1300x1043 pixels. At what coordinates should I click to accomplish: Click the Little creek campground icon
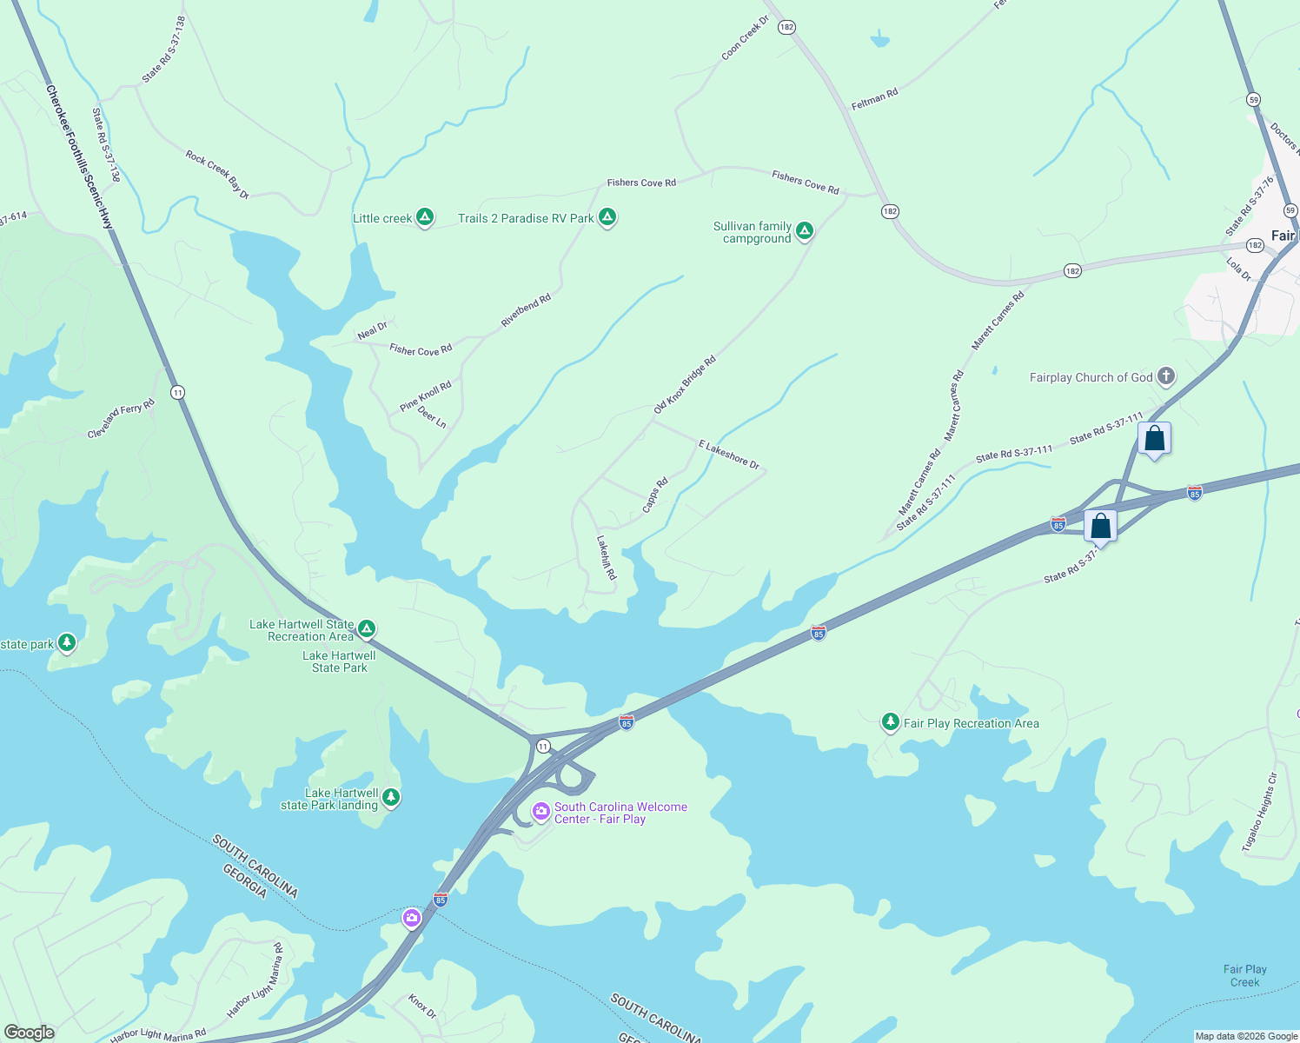[x=425, y=217]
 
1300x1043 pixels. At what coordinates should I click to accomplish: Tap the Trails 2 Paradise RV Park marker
[x=607, y=217]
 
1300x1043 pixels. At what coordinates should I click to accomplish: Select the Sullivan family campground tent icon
[x=805, y=231]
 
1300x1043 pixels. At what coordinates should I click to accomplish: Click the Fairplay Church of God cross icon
[x=1166, y=376]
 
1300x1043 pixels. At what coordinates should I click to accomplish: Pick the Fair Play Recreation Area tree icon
[x=890, y=722]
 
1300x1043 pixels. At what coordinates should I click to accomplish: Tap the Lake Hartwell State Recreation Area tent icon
[x=367, y=628]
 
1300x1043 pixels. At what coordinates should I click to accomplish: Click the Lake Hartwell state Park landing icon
[x=391, y=797]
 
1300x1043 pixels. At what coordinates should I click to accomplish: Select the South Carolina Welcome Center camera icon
[x=541, y=812]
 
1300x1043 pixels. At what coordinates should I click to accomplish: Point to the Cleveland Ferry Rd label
[x=121, y=418]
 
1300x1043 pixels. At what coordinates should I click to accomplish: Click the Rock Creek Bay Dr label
[x=217, y=175]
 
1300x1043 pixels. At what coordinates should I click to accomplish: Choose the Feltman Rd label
[x=874, y=99]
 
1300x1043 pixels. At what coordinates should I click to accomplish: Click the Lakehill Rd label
[x=606, y=557]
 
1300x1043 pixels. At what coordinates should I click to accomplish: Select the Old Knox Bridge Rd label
[x=685, y=384]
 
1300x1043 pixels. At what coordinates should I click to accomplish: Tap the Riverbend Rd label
[x=526, y=310]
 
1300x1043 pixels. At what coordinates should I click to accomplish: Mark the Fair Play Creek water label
[x=1244, y=975]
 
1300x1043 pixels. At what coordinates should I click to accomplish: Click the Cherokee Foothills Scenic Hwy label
[x=79, y=157]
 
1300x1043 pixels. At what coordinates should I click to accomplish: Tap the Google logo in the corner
[x=30, y=1032]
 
